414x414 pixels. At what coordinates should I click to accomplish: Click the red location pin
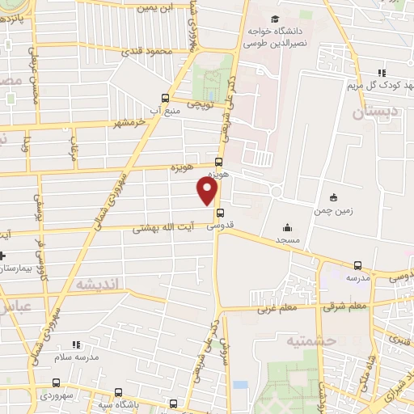coord(208,191)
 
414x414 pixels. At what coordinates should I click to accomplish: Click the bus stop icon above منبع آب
coord(166,99)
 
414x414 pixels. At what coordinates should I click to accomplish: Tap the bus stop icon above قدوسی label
coord(220,213)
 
